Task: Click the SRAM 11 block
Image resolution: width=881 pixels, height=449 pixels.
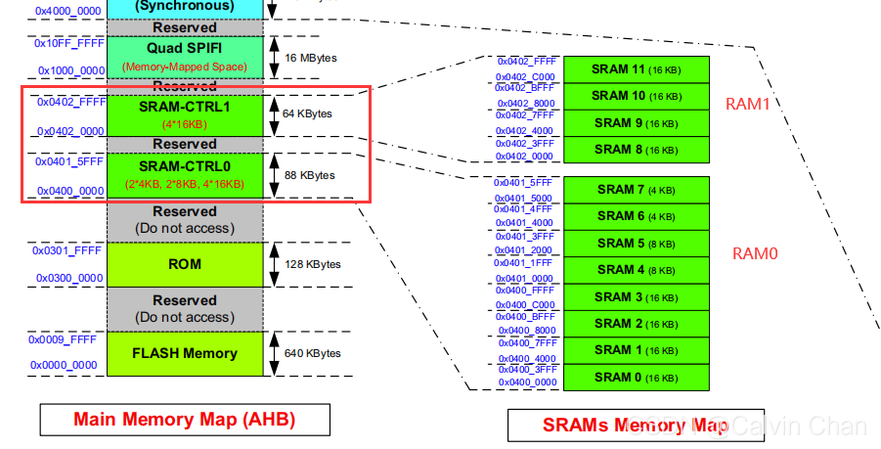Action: point(636,69)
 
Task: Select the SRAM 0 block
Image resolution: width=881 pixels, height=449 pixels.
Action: point(636,377)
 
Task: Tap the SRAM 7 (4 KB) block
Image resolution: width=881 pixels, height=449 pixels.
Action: point(636,189)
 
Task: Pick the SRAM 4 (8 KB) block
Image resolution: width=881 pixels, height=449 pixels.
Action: point(636,270)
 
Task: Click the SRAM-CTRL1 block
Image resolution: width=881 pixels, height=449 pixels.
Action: point(185,112)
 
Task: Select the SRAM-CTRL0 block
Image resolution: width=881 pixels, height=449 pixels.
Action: point(185,174)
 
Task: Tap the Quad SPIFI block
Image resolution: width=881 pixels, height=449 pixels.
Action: point(185,56)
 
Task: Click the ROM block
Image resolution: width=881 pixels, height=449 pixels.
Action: point(185,264)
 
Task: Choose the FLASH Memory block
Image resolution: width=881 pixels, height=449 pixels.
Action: point(185,353)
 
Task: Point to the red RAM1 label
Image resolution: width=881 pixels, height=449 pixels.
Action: point(749,104)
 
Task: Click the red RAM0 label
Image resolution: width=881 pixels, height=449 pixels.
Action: point(755,253)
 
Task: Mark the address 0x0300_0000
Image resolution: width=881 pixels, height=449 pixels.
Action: point(69,278)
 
